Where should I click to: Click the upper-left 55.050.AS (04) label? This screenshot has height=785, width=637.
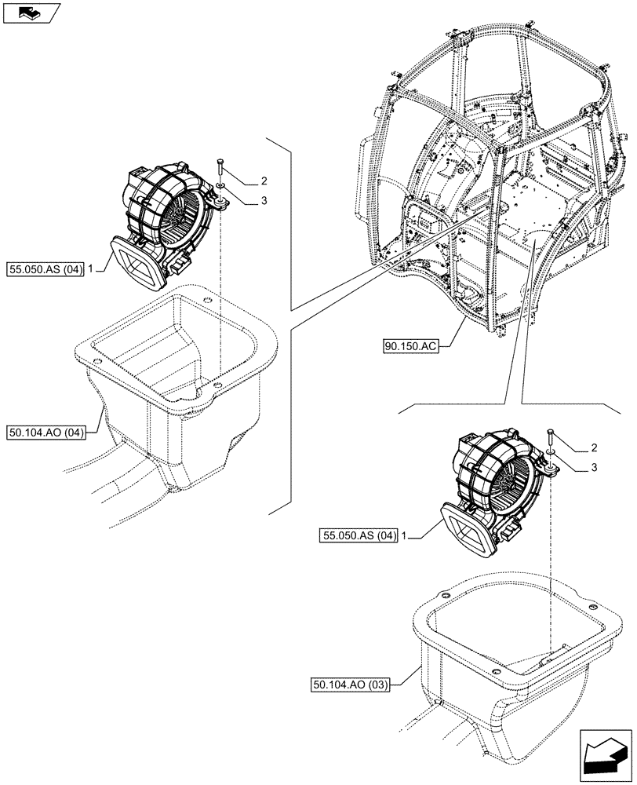45,268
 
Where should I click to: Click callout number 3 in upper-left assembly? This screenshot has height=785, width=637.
264,201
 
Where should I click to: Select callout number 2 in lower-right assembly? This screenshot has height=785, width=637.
595,447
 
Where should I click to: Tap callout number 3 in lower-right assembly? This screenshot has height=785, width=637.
595,469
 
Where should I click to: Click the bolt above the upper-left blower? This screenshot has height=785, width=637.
221,168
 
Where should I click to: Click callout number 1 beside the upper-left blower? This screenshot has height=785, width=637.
92,268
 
